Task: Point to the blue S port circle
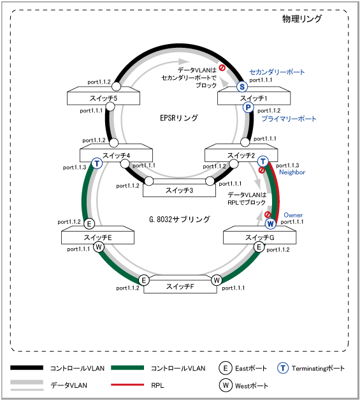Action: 242,87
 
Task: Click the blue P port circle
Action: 248,107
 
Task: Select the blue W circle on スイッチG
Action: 270,224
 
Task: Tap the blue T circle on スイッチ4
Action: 97,163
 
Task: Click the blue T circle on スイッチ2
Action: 263,161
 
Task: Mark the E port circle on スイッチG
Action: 259,247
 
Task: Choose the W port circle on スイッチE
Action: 99,247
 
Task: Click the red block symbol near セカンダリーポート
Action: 222,68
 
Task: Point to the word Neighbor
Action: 292,172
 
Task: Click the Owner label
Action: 293,215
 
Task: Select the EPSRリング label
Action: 179,118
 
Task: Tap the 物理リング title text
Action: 302,19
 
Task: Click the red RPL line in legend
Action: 127,385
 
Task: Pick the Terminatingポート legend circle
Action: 282,368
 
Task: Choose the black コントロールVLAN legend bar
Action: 27,367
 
